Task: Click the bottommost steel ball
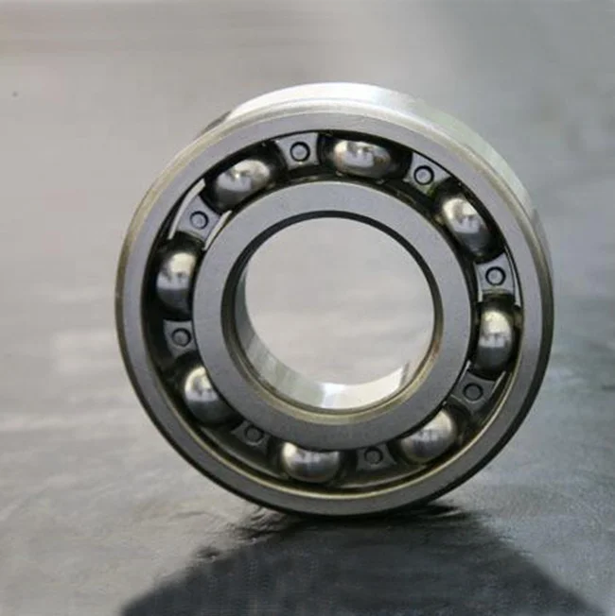(310, 461)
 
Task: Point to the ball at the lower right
(429, 436)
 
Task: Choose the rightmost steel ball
(495, 336)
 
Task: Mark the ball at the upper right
(465, 222)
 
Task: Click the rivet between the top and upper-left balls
(299, 151)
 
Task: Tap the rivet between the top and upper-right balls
(423, 175)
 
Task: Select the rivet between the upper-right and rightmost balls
(495, 276)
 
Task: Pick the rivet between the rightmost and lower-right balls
(473, 391)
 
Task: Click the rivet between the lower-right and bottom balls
(374, 455)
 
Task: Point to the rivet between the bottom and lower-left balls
(254, 435)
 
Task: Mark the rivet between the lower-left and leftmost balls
(181, 336)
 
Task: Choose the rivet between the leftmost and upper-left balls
(199, 220)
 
